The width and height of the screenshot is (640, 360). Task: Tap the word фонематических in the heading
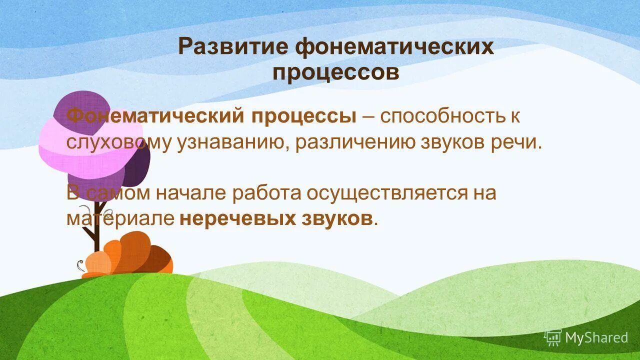click(394, 47)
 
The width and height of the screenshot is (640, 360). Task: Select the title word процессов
click(336, 72)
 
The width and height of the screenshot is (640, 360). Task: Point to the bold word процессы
click(304, 116)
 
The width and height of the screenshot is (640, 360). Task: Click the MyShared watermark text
click(596, 338)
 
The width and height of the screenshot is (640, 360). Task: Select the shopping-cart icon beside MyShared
click(553, 338)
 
